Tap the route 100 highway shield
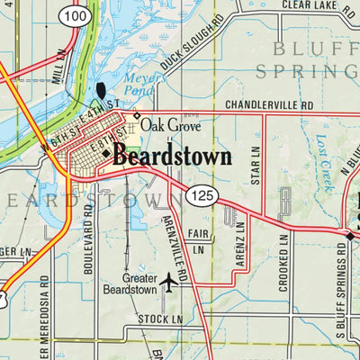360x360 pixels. pos(77,16)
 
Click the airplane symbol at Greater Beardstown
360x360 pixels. pos(167,283)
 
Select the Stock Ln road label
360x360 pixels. pos(160,319)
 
